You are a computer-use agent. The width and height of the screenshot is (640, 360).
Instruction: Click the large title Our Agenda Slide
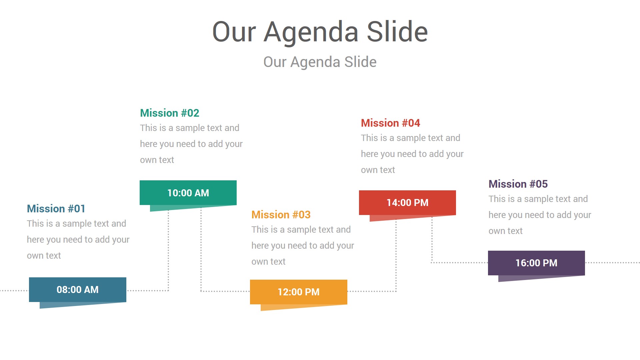[320, 32]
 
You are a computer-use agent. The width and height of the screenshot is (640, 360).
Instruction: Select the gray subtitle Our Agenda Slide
[320, 62]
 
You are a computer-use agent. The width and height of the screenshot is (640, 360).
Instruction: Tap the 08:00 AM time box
[78, 290]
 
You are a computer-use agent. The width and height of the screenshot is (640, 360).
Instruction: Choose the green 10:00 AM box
[188, 193]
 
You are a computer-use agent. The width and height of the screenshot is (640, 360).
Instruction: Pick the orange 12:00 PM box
[299, 292]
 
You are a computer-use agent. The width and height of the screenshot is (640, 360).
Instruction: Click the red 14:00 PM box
[407, 203]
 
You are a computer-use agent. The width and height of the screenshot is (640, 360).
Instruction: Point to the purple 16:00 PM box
[536, 263]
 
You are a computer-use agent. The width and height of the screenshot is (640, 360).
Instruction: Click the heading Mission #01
[56, 209]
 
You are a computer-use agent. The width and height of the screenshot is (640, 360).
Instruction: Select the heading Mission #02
[169, 113]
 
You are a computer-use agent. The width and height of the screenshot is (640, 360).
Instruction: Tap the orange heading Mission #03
[281, 215]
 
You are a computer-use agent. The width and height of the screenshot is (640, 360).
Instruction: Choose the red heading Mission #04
[390, 123]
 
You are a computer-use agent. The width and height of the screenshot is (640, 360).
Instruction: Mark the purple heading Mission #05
[518, 184]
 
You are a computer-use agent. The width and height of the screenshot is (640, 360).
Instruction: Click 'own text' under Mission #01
[44, 256]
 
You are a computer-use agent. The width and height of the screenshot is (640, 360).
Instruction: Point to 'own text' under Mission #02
[157, 160]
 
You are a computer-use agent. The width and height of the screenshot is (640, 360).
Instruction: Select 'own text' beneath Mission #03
[268, 262]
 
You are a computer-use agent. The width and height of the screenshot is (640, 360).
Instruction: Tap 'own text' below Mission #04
[378, 170]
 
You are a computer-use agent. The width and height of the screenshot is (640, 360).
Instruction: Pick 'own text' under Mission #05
[505, 231]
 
